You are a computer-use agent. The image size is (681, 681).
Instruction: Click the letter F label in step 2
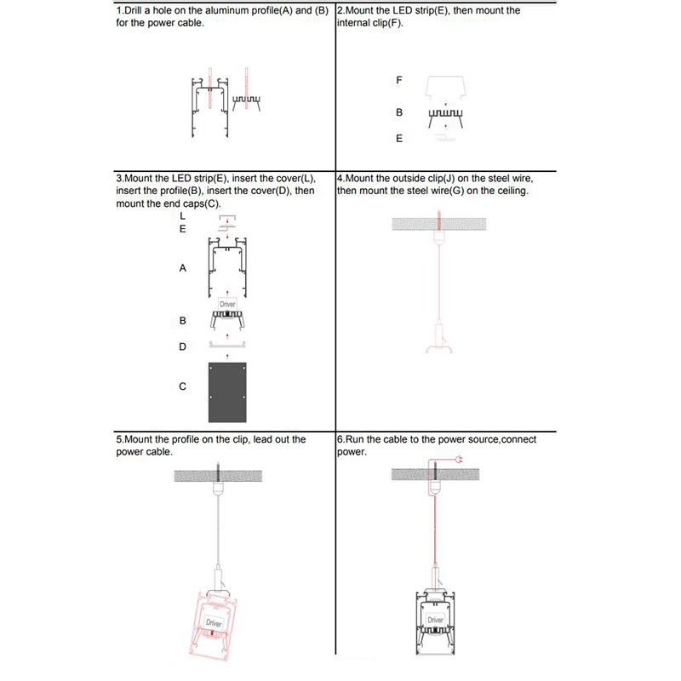(399, 81)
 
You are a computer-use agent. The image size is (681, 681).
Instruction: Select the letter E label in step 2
(399, 139)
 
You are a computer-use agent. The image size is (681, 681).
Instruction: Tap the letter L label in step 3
(183, 216)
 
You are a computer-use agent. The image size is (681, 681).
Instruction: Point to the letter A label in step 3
(183, 268)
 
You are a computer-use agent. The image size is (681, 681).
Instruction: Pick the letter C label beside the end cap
(183, 386)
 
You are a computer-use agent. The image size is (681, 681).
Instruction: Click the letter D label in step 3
(183, 347)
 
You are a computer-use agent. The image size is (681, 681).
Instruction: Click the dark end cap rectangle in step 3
(227, 392)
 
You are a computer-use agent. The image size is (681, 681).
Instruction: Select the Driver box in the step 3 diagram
(227, 304)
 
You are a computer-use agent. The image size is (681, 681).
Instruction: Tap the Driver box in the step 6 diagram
(436, 620)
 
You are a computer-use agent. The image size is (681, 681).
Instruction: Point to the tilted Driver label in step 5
(213, 624)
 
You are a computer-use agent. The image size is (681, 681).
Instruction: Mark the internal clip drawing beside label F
(445, 87)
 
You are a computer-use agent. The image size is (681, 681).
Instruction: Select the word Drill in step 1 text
(135, 11)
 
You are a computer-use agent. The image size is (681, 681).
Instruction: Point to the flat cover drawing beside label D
(227, 344)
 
